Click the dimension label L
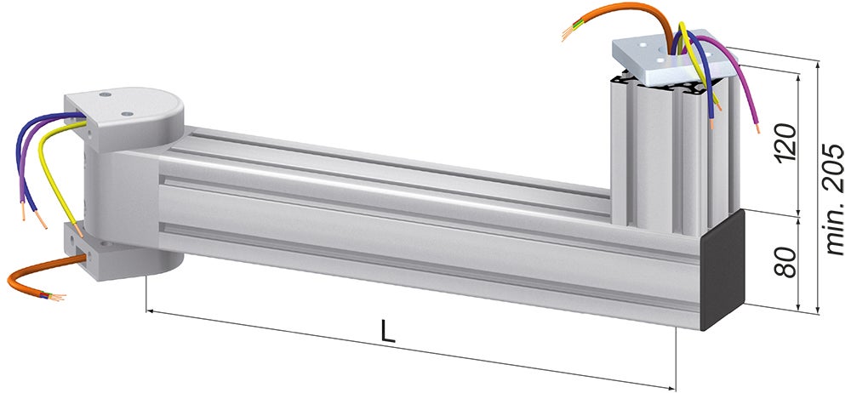(x=388, y=331)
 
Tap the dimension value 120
(x=785, y=143)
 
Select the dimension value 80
(x=785, y=261)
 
